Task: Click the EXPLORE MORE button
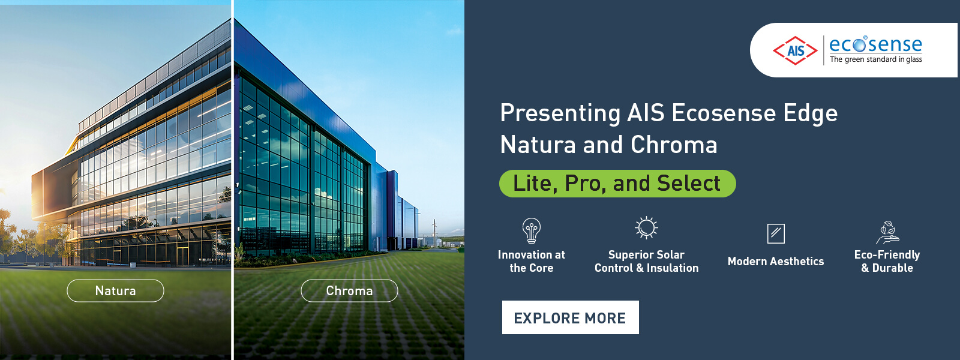(571, 317)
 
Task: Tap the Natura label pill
(115, 290)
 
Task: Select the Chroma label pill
(349, 290)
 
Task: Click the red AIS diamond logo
(796, 50)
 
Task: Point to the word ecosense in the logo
(875, 44)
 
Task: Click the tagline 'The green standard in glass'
(875, 59)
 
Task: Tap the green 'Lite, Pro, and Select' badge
(617, 184)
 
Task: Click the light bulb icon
(532, 230)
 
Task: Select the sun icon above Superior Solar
(646, 227)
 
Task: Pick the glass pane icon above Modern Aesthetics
(776, 233)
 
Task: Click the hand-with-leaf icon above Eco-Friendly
(887, 233)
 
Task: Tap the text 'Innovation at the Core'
(532, 261)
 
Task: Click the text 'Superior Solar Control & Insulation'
(646, 261)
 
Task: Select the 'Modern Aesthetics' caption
(776, 261)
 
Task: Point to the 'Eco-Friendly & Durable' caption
(887, 261)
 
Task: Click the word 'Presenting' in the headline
(560, 113)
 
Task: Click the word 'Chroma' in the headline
(674, 145)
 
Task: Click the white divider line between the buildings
(232, 180)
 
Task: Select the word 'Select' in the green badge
(689, 184)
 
